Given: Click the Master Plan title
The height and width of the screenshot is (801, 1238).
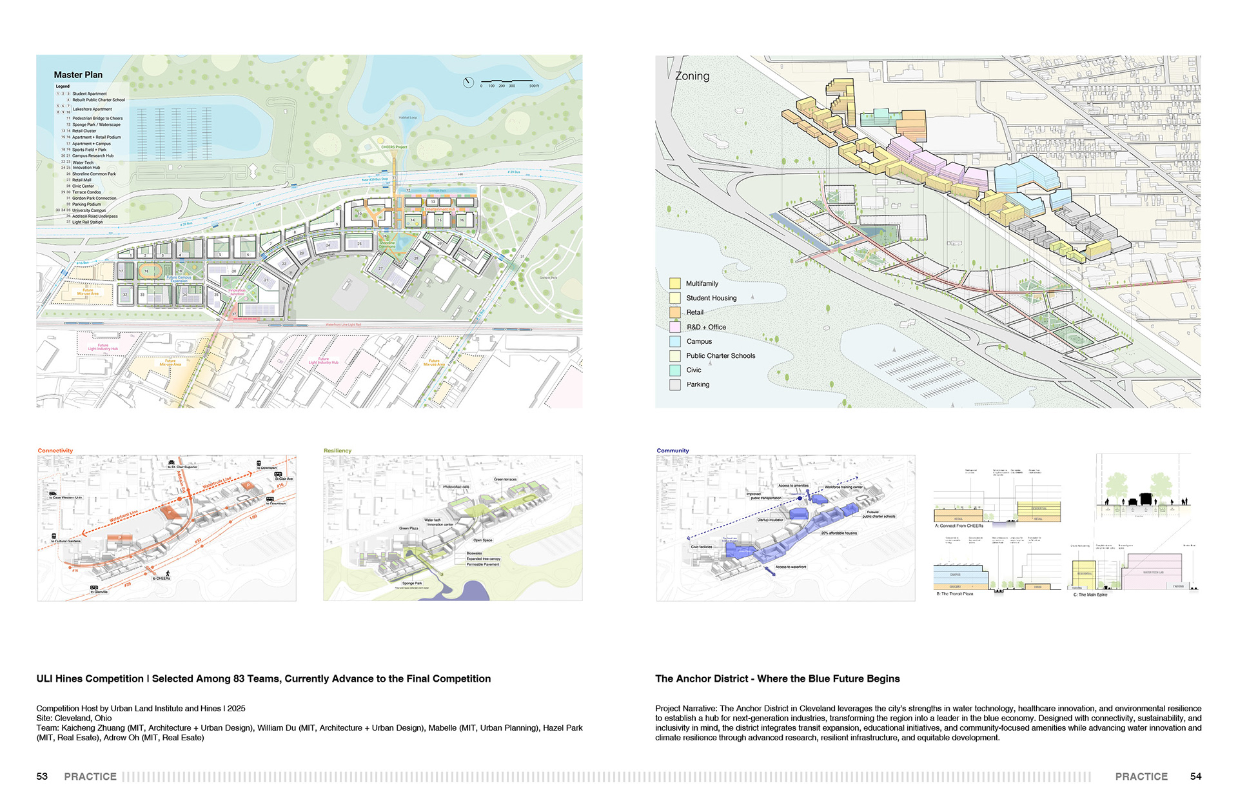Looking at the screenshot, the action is click(x=78, y=75).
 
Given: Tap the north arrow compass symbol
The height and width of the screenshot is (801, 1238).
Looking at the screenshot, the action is click(x=469, y=82).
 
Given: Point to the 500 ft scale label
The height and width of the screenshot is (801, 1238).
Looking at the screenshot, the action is click(x=534, y=86).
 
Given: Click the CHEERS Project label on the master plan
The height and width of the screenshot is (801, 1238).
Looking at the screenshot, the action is click(x=394, y=147).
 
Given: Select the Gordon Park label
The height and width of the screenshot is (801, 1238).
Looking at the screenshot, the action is click(x=548, y=278).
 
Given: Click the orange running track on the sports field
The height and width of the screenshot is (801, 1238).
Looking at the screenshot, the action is click(x=148, y=272).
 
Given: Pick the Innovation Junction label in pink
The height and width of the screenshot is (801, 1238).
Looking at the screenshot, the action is click(x=237, y=292).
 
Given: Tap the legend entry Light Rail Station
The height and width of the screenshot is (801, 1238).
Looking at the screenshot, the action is click(x=87, y=222).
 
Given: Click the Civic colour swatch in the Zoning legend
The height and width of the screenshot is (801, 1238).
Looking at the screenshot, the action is click(x=675, y=370).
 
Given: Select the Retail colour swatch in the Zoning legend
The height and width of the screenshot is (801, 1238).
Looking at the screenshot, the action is click(x=675, y=312).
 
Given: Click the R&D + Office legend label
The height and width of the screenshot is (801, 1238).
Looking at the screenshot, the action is click(x=706, y=327).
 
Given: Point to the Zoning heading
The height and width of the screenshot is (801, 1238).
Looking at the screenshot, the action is click(x=692, y=76).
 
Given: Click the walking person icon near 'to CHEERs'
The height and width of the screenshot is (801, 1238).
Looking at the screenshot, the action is click(x=168, y=573).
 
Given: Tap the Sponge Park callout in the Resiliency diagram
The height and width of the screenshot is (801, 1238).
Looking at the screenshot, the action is click(x=412, y=583).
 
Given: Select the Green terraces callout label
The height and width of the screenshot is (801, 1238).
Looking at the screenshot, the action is click(x=505, y=479).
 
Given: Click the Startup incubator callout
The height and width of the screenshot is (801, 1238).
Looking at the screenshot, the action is click(x=770, y=520).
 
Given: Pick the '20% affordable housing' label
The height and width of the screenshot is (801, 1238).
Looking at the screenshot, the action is click(x=839, y=533).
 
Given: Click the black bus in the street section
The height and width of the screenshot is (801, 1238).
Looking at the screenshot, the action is click(x=1146, y=499).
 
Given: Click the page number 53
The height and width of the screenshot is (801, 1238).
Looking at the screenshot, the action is click(x=42, y=776).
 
